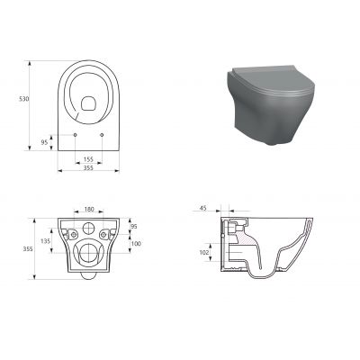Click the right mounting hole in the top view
[x=103, y=135]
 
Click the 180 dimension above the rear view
[x=89, y=210]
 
